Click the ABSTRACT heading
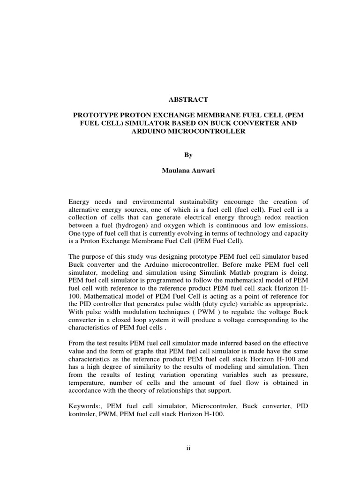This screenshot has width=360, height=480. click(180, 100)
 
